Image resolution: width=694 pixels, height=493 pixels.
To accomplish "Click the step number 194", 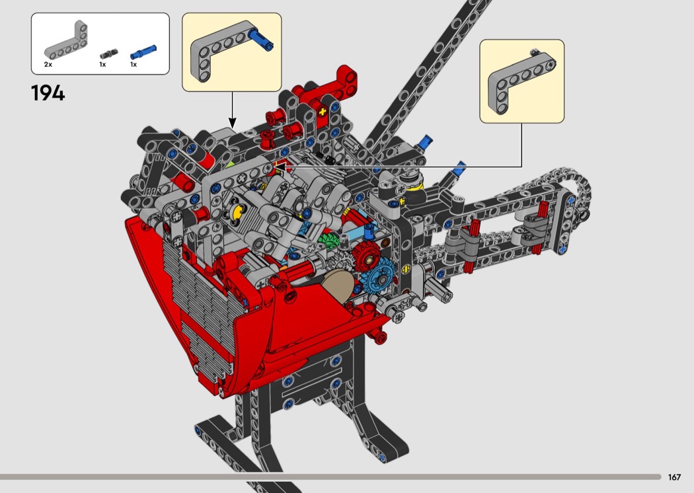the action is [48, 93].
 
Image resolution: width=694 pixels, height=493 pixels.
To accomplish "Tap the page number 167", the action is [674, 477].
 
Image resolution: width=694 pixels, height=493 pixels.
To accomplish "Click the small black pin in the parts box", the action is [109, 54].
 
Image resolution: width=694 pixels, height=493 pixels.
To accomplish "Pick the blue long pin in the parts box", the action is [143, 52].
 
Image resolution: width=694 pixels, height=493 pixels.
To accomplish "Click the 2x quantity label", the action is [48, 65].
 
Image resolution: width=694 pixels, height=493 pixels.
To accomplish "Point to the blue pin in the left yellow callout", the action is [260, 40].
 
